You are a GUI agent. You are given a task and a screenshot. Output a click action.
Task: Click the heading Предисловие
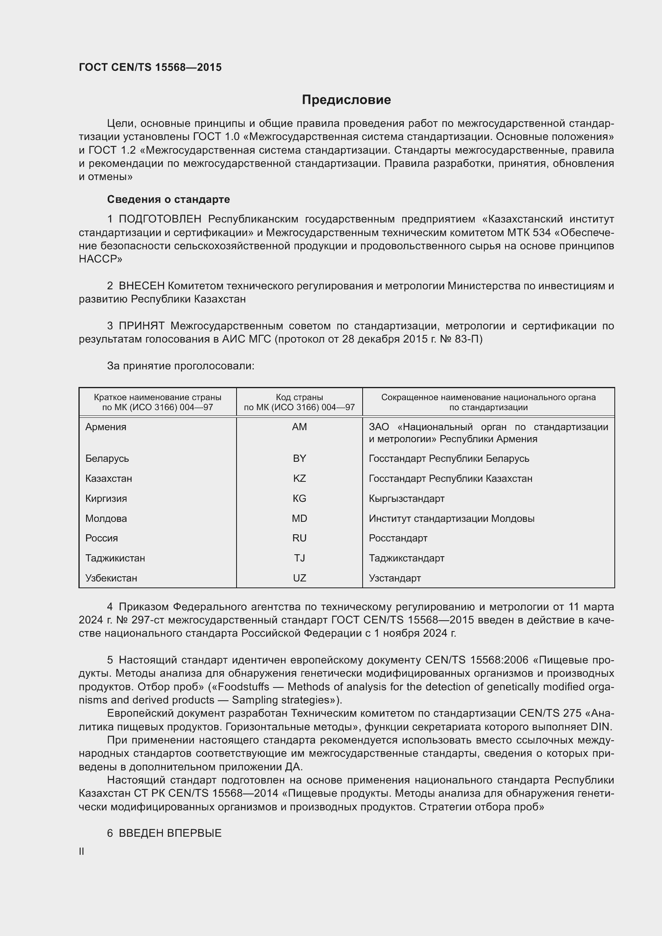[346, 100]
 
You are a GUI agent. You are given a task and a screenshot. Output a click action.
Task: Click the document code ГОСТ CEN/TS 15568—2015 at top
[150, 67]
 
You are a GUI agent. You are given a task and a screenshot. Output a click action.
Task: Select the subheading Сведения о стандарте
[169, 199]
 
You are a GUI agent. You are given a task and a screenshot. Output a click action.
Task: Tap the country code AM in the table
[299, 427]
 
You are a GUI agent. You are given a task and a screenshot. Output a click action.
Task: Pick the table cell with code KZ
[299, 478]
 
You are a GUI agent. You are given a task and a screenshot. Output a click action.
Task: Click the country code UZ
[299, 578]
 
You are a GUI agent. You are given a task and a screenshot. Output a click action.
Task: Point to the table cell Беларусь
[107, 459]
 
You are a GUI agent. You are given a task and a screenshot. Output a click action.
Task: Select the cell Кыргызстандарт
[406, 499]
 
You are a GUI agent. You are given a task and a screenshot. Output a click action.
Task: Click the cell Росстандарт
[398, 538]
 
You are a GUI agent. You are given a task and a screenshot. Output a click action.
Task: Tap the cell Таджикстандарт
[406, 558]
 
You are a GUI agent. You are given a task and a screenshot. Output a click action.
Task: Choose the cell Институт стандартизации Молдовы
[451, 519]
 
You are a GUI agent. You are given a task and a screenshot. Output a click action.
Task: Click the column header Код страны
[299, 397]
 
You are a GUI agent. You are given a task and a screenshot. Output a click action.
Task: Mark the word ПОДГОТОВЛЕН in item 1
[160, 219]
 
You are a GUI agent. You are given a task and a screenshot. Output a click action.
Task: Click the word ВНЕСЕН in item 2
[141, 286]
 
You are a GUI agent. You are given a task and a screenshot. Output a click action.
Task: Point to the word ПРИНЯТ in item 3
[141, 326]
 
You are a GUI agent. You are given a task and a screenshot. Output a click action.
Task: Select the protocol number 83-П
[469, 339]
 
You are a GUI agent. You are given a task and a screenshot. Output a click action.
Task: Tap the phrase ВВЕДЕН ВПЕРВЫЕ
[170, 833]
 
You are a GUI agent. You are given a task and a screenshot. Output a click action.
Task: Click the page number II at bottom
[82, 852]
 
